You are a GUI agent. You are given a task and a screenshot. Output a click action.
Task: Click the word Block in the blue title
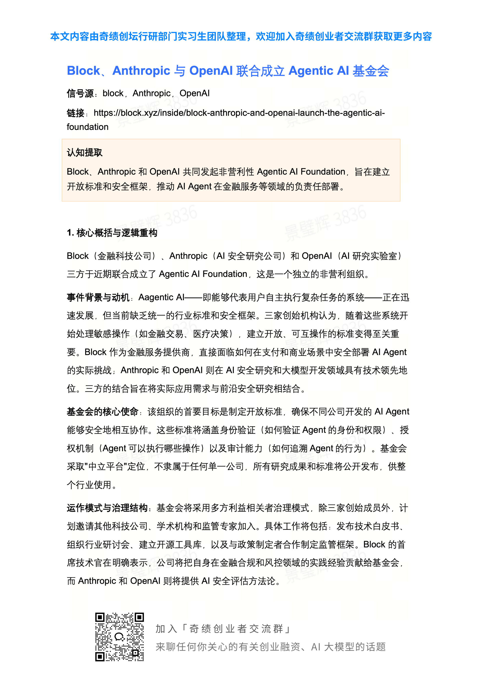[83, 71]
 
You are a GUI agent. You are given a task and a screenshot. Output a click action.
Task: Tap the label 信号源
[80, 94]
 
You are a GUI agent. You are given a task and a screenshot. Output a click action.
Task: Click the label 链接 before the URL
[75, 113]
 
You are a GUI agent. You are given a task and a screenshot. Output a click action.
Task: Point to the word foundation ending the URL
[88, 127]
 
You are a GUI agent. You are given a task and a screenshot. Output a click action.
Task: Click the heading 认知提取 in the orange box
[85, 153]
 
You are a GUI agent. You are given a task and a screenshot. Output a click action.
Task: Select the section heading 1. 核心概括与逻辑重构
[112, 233]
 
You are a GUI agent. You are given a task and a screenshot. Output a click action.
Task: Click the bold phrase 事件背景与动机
[98, 297]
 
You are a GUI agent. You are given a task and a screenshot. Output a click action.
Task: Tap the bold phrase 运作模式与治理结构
[107, 508]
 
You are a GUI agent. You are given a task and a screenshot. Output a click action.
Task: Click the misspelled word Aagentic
[156, 297]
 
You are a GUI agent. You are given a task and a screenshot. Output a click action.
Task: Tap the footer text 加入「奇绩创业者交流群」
[223, 628]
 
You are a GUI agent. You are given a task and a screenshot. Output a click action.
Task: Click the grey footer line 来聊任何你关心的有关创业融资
[228, 647]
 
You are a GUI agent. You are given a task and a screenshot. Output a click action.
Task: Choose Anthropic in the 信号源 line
[151, 94]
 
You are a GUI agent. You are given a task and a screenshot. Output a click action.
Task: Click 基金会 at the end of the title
[371, 71]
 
